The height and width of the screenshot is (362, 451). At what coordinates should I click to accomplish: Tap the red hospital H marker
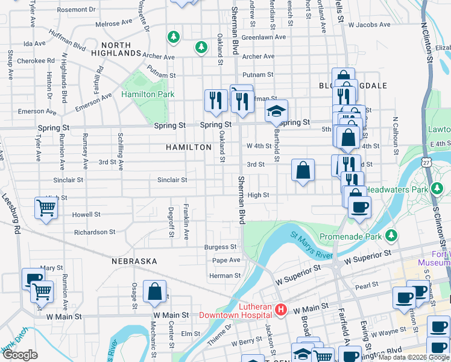pos(280,310)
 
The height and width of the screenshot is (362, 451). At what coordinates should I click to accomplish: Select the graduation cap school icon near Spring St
pos(277,111)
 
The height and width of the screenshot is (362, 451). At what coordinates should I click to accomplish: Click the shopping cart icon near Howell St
pos(46,209)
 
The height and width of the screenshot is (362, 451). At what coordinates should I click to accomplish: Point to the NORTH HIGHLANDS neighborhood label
pos(116,49)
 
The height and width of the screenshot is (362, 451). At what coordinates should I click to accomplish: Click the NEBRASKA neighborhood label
pos(134,261)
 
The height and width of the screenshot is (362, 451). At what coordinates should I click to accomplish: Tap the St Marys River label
pos(312,244)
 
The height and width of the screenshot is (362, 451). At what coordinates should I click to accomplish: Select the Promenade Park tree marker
pos(392,234)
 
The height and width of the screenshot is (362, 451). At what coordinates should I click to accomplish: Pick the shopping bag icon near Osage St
pos(155,291)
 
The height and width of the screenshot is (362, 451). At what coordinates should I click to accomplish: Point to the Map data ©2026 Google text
pos(414,357)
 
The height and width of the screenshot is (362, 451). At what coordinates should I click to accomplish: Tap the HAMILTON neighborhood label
pos(189,147)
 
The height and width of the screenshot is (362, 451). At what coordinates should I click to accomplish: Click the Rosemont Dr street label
pos(76,10)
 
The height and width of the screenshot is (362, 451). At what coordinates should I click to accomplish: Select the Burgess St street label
pos(220,247)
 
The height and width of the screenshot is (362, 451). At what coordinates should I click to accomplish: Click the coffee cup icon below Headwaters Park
pos(359,208)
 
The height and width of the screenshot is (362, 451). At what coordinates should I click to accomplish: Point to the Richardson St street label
pos(95,232)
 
